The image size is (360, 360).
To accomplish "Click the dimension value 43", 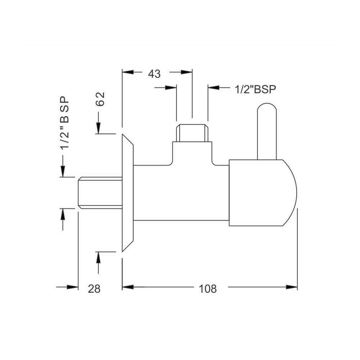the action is click(154, 74).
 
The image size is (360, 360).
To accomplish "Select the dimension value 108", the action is click(208, 289).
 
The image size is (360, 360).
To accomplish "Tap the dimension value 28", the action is click(94, 289).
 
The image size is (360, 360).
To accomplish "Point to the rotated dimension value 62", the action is click(100, 99).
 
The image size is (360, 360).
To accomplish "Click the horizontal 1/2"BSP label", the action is click(255, 89).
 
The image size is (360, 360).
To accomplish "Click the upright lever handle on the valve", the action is click(267, 131).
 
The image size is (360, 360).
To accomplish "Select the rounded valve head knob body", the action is click(263, 193).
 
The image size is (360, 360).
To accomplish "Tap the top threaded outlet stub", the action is click(192, 133).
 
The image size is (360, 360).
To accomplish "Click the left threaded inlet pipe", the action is click(100, 193).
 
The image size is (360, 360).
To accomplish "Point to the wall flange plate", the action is click(127, 193).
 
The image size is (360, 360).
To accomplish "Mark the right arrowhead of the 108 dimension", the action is click(292, 287).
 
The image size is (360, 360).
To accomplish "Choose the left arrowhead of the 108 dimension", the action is click(128, 287).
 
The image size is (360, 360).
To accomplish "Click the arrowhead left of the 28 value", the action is click(72, 287).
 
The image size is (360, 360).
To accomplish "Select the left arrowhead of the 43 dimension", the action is click(128, 72).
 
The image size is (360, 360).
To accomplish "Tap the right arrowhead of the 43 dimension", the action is click(186, 72).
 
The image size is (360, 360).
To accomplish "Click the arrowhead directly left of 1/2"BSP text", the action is click(214, 87).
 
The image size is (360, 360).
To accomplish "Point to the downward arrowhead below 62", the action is click(98, 128).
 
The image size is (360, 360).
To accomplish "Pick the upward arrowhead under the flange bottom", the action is click(98, 257).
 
